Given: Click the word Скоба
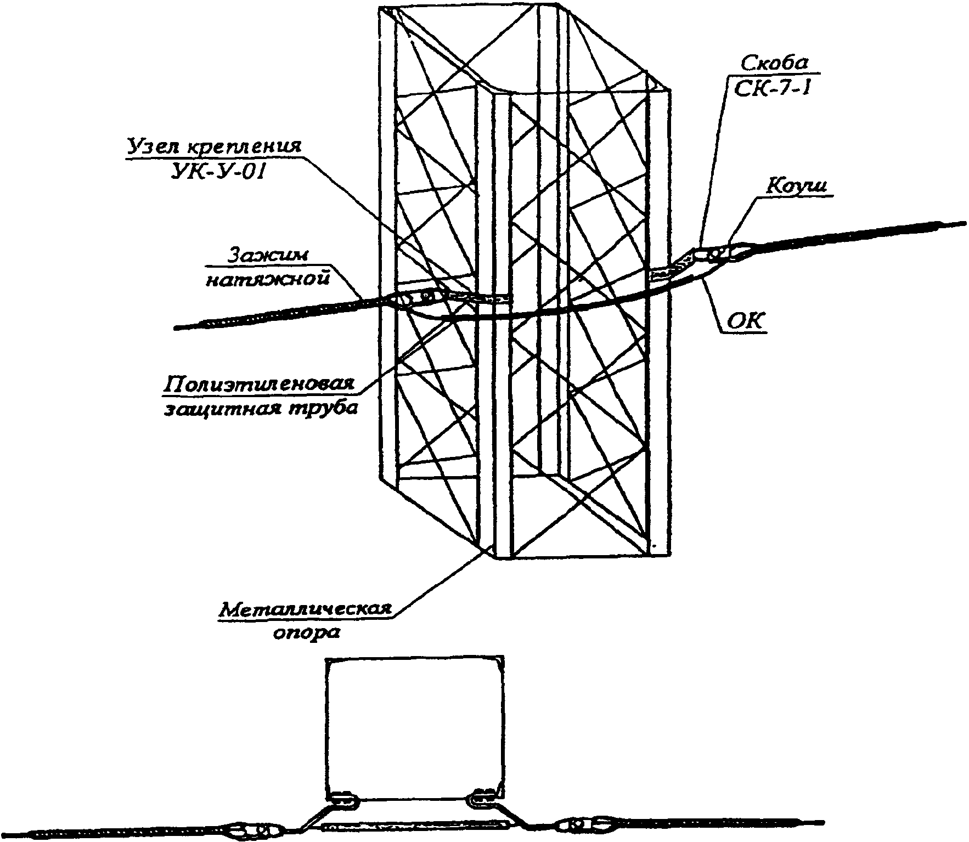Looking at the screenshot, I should tap(774, 63).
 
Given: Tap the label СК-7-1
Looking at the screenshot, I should tap(773, 88).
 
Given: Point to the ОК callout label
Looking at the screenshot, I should tap(745, 322).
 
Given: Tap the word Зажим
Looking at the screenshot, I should tap(268, 256).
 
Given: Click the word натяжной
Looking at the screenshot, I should tap(268, 279).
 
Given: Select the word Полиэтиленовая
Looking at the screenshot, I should tap(257, 383).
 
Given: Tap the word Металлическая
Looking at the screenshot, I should tap(306, 609).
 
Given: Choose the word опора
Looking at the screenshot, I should tap(307, 633).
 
